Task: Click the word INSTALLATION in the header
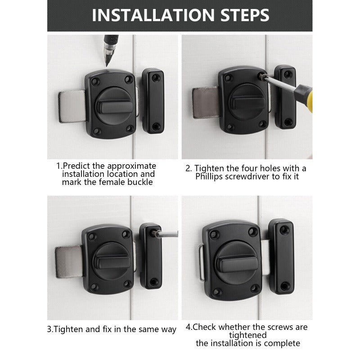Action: [151, 15]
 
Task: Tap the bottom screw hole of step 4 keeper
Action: [284, 285]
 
